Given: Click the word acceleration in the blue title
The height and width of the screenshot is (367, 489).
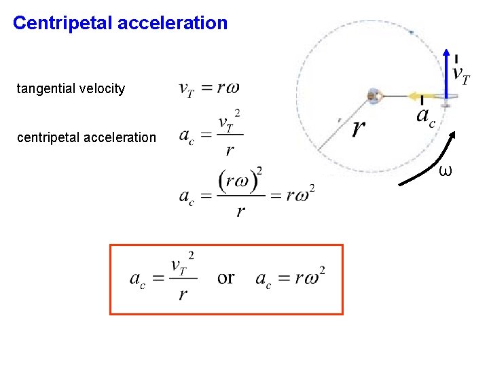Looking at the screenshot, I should point(173,23).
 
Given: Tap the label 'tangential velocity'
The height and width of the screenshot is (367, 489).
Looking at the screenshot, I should point(71,88).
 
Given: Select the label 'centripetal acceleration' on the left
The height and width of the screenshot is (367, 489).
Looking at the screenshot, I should point(86,137).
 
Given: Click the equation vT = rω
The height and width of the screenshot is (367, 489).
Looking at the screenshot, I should point(209,88).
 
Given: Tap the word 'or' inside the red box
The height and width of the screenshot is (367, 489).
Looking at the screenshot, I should point(226,277).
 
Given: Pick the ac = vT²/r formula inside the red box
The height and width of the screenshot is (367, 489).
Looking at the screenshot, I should point(163,277).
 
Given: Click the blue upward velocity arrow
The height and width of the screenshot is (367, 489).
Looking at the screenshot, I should point(446,71).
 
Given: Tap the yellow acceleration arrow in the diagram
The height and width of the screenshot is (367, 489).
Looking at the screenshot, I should point(424,97).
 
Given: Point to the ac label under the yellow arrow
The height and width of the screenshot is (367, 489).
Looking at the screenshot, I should point(425,117).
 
